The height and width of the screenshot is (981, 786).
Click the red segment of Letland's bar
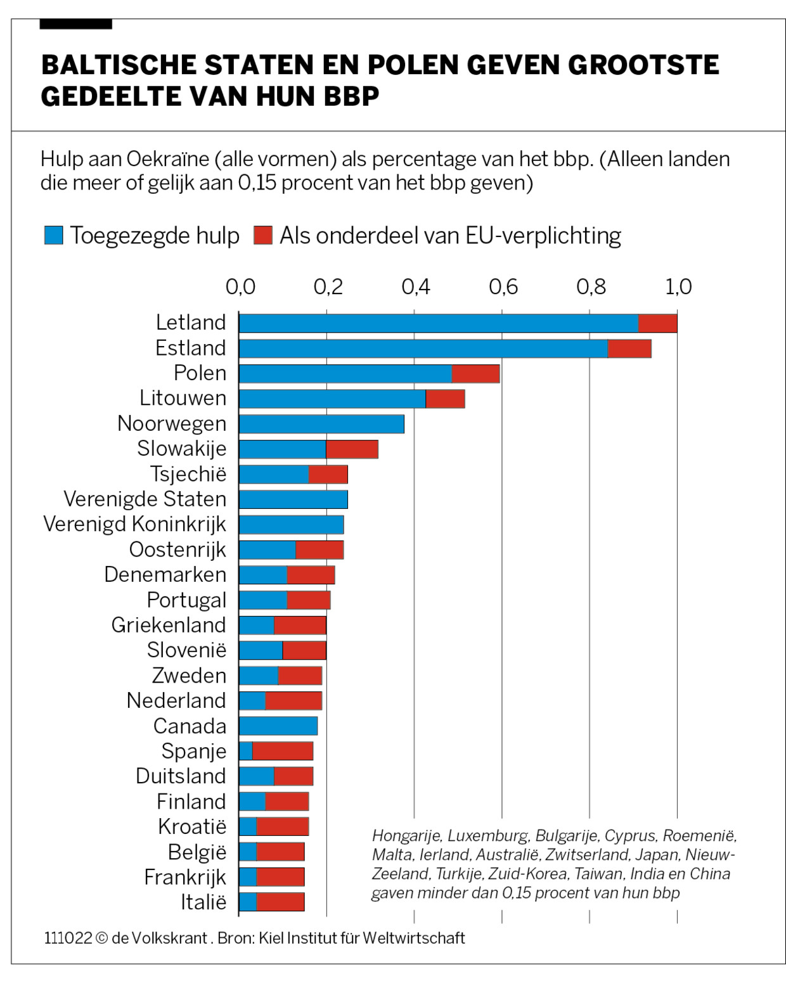click(657, 323)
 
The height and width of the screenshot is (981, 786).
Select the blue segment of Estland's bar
click(423, 349)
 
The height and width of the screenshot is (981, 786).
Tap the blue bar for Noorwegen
click(321, 424)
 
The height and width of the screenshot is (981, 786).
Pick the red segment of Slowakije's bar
click(352, 449)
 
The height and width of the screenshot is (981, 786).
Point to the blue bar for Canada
click(278, 726)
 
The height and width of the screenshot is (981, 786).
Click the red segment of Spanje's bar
click(283, 752)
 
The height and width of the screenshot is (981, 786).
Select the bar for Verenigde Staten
click(293, 499)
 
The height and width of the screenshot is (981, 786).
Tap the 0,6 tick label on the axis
click(503, 287)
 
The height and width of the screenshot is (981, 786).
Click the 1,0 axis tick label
click(678, 287)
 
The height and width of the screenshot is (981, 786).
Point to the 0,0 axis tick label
click(240, 287)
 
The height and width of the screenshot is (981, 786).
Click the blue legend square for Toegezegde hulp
click(54, 236)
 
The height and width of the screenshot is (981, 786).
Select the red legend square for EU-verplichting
click(262, 236)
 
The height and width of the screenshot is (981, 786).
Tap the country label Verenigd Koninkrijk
click(134, 525)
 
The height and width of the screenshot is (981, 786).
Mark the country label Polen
click(200, 373)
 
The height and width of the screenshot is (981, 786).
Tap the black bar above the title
click(75, 24)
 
